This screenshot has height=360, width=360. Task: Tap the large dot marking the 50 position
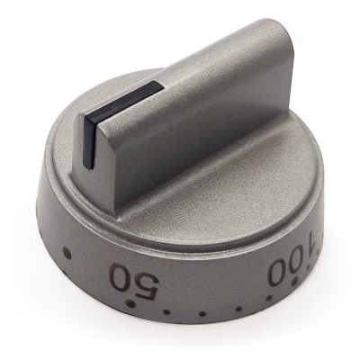tap(130, 302)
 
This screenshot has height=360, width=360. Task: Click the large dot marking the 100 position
tap(295, 281)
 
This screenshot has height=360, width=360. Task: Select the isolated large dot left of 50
tap(67, 254)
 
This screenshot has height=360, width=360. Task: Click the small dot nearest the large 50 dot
tap(166, 311)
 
